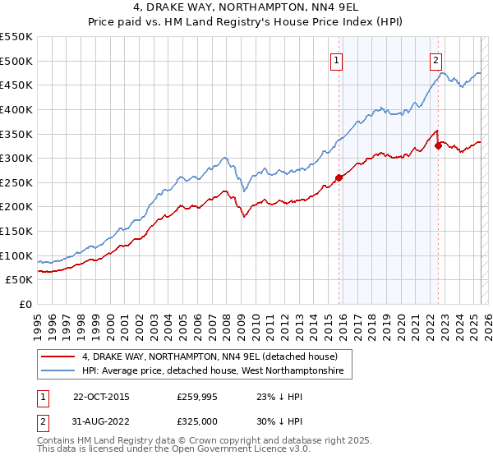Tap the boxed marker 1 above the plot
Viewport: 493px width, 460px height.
[x=338, y=59]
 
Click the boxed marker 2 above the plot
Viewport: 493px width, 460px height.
[x=435, y=59]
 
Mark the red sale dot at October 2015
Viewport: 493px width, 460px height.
[x=339, y=177]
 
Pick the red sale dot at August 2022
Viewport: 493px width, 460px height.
[x=438, y=145]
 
